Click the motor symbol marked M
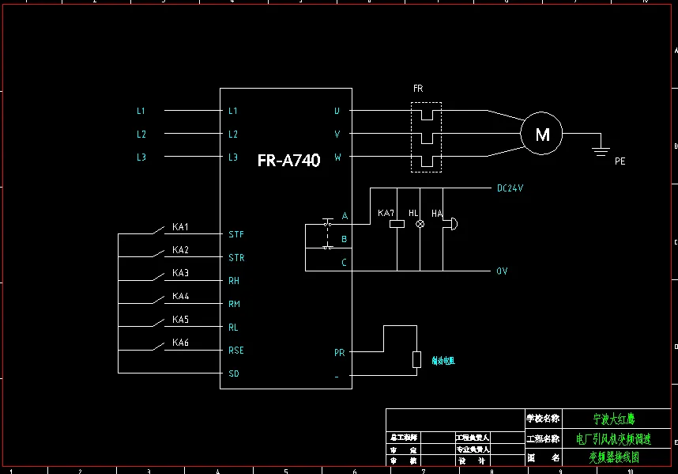click(541, 134)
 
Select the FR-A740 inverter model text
click(288, 161)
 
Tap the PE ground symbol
click(601, 148)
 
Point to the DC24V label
click(510, 189)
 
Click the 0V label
click(502, 271)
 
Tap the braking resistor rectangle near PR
click(416, 360)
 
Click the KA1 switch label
click(181, 227)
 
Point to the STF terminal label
click(236, 235)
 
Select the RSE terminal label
click(236, 351)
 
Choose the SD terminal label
click(233, 374)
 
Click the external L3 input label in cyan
click(141, 157)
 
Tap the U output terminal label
click(337, 112)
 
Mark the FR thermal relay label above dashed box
click(418, 89)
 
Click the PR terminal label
click(339, 353)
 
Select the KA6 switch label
click(181, 343)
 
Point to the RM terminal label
click(234, 304)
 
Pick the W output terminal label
click(337, 157)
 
